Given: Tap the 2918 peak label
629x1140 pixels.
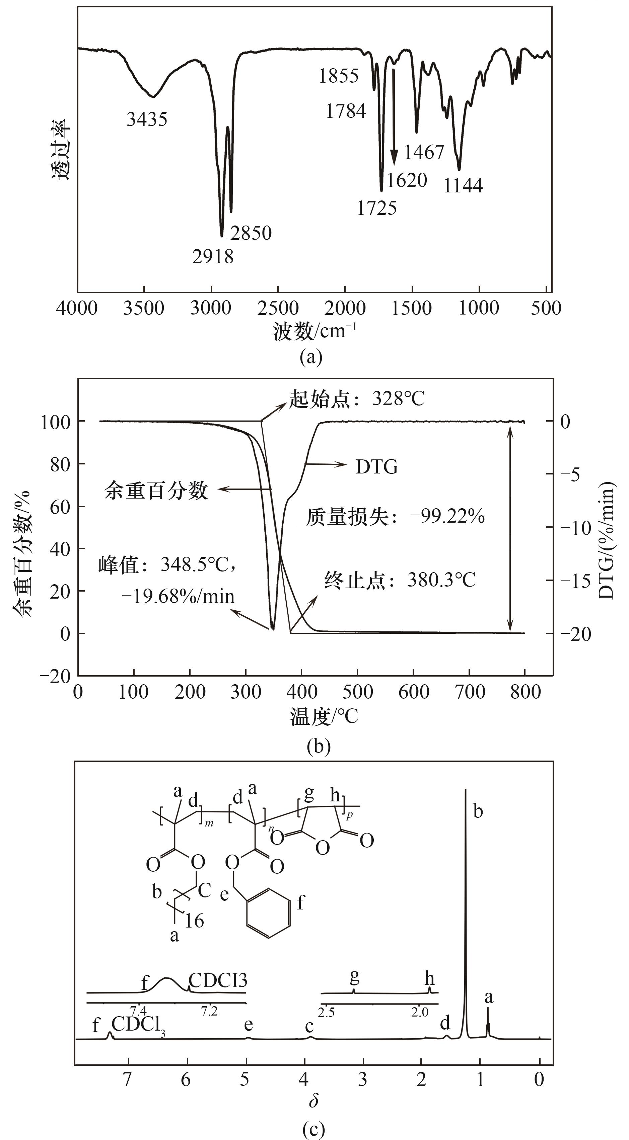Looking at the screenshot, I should [213, 257].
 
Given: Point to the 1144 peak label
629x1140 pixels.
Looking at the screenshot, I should [463, 185].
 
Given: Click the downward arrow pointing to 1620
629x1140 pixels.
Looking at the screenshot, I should [393, 115].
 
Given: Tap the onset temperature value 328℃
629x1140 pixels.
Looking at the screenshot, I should [398, 399].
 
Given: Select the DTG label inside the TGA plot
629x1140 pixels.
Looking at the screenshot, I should [376, 467].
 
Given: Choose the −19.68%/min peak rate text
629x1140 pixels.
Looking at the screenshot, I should [178, 597].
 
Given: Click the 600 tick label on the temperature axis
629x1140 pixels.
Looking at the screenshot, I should [413, 692].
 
